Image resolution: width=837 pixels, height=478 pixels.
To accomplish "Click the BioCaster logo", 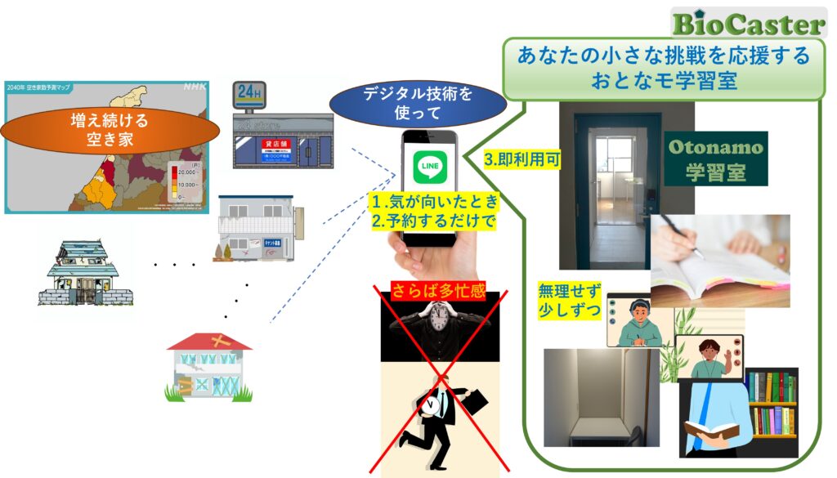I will [x=747, y=23].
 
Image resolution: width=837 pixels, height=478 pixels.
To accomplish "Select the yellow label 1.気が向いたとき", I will [x=432, y=202].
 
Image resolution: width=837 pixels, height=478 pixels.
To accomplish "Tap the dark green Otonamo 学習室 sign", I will [x=716, y=159].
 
